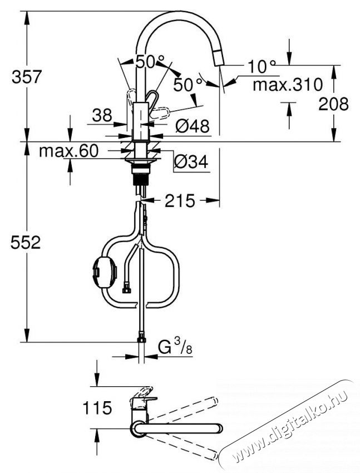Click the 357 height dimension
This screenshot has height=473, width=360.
tap(26, 77)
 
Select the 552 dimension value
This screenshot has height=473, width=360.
tap(26, 243)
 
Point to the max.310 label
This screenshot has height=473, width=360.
tap(287, 85)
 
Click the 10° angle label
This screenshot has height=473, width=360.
tap(262, 67)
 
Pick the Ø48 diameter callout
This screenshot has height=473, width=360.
tap(191, 127)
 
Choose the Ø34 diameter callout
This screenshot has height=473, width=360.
tap(190, 162)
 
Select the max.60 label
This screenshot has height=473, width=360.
tap(68, 151)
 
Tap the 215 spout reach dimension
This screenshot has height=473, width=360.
tap(180, 201)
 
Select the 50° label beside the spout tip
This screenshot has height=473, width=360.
tap(188, 85)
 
